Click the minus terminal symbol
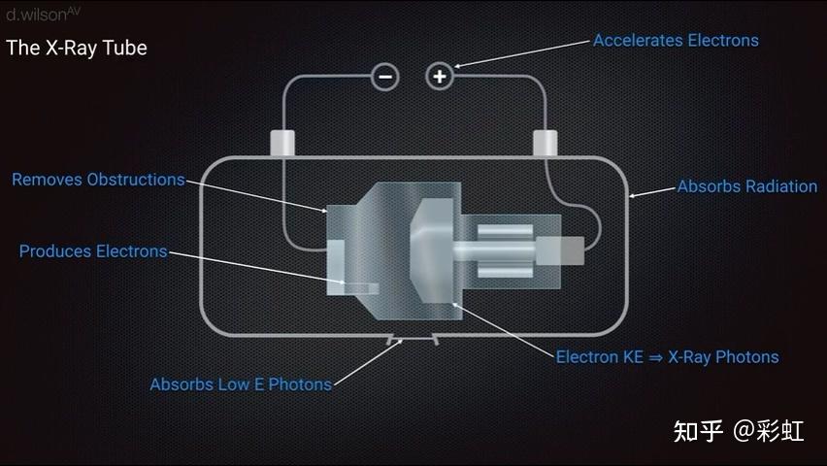tap(385, 77)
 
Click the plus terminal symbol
tap(440, 77)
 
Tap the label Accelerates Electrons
tap(676, 41)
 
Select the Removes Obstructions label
tap(99, 180)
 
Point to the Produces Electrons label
tap(93, 251)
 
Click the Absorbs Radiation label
tap(747, 186)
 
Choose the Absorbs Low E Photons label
tap(241, 384)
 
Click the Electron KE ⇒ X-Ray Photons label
tap(667, 357)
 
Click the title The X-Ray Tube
tap(77, 48)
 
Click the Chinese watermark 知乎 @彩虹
tap(739, 431)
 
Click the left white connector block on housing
tap(282, 143)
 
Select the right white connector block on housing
tap(545, 143)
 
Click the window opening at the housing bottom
tap(413, 339)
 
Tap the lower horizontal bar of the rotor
tap(506, 271)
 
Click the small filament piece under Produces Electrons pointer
tap(360, 288)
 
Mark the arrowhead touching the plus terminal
tap(458, 66)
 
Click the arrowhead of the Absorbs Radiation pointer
tap(632, 196)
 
